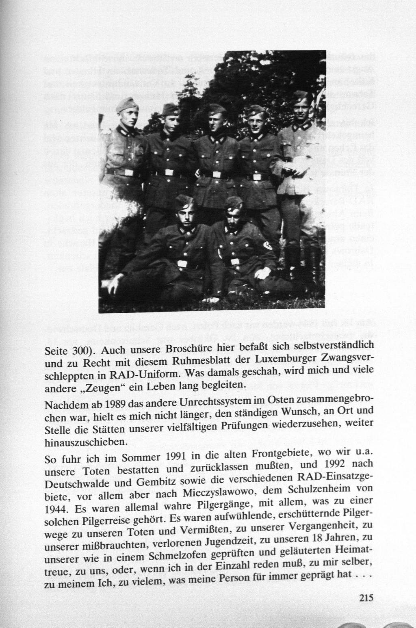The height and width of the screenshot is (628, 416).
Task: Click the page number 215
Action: pos(366,598)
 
